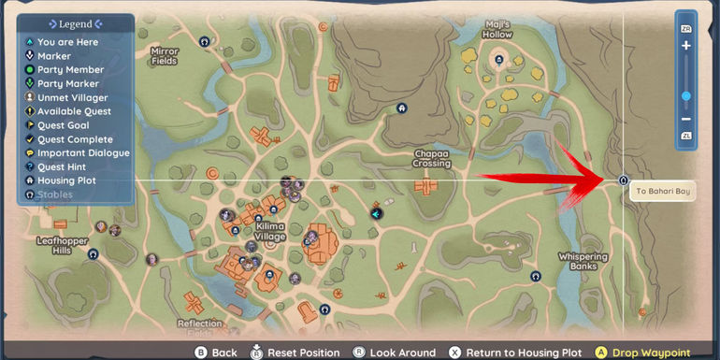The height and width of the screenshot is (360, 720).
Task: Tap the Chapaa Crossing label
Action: (432, 158)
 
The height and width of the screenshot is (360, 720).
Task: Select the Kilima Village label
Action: (270, 231)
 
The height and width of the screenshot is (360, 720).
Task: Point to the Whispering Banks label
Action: (582, 260)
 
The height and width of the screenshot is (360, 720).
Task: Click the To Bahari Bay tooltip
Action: (660, 192)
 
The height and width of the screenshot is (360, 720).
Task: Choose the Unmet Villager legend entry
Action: (71, 97)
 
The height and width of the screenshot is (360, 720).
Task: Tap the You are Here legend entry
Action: (67, 42)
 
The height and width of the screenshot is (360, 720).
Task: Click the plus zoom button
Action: (685, 46)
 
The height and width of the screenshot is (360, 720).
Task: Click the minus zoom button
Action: (685, 119)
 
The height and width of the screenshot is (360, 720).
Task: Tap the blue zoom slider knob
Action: (685, 95)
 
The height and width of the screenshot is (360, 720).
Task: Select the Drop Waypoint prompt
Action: (654, 353)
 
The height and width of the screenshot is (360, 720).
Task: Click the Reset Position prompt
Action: (296, 353)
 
